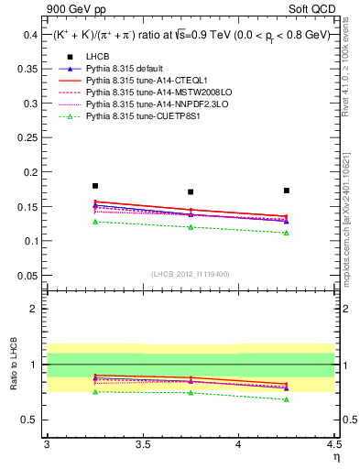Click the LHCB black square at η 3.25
coord(95,186)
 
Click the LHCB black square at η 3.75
coord(191,192)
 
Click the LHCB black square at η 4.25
coord(287,191)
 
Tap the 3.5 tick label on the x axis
coord(142,444)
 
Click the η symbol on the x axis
coord(335,457)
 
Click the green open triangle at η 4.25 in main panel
coord(287,233)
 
